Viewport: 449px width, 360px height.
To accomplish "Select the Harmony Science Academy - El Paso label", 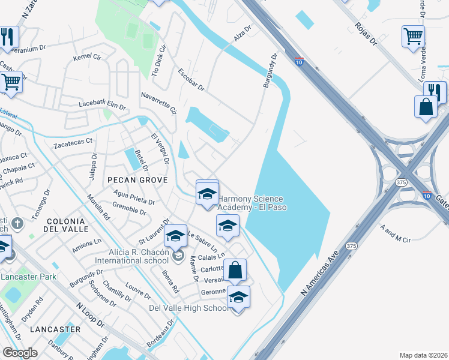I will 252,203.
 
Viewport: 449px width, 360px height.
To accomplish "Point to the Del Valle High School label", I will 189,308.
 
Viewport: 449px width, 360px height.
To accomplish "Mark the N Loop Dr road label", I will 89,314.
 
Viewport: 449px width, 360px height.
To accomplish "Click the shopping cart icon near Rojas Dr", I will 413,37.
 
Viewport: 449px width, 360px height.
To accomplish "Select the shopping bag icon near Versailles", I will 235,271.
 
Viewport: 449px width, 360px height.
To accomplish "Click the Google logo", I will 20,353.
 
